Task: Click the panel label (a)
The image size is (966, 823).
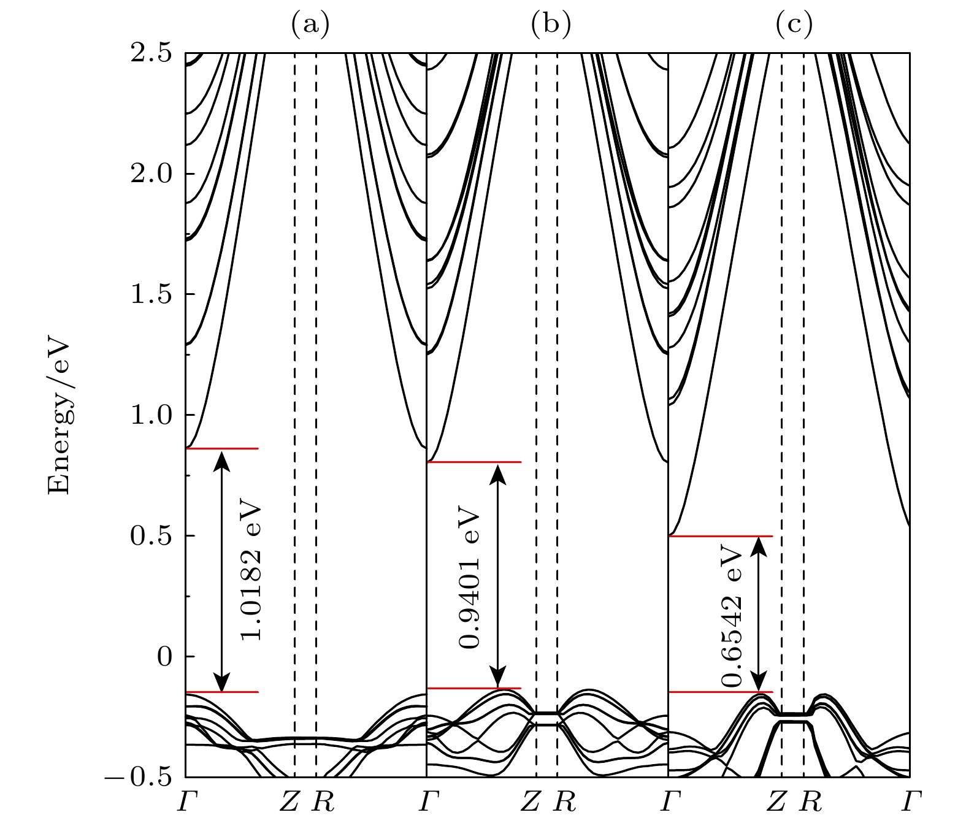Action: coord(310,25)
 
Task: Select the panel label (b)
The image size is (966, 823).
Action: coord(551,25)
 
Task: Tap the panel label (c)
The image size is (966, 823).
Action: coord(794,25)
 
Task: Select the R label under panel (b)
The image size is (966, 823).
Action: coord(564,801)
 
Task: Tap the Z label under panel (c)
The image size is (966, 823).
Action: coord(776,801)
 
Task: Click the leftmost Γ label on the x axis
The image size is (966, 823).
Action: coord(185,801)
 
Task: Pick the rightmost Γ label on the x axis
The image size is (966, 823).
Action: coord(911,801)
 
